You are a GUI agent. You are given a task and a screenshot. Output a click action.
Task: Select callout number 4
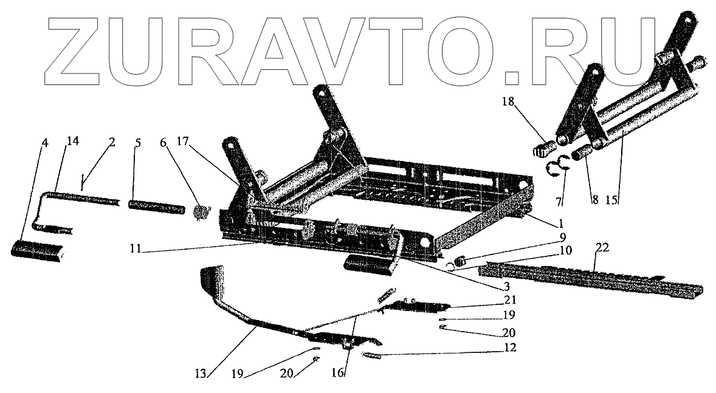[x=44, y=144]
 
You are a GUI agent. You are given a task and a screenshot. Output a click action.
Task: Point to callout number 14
[x=73, y=142]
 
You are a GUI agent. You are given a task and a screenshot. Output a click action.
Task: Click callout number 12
[x=509, y=348]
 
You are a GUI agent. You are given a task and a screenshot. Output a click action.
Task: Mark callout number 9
[x=562, y=236]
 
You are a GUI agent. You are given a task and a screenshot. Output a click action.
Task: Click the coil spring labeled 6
[x=201, y=213]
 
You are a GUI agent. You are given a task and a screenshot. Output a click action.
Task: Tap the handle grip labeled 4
[x=36, y=250]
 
